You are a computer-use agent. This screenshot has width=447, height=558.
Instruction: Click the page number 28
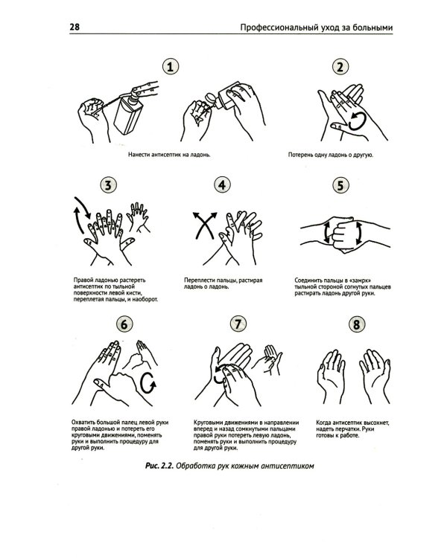click(x=74, y=27)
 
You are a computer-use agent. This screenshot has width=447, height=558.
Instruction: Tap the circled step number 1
click(x=171, y=66)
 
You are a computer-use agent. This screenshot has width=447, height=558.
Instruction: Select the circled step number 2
click(x=340, y=67)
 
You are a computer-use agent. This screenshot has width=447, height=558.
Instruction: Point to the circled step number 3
click(x=108, y=185)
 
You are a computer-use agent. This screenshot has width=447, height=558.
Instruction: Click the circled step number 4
click(x=222, y=185)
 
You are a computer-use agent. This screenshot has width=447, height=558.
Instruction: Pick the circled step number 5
click(x=340, y=185)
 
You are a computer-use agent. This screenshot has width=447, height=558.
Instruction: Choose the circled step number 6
click(x=124, y=324)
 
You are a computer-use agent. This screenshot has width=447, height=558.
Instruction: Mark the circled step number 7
click(x=238, y=324)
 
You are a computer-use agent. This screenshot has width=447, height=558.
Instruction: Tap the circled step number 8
click(x=356, y=324)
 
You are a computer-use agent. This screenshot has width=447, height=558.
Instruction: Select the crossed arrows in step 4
click(x=205, y=225)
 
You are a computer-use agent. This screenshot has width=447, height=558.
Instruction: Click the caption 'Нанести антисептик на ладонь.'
click(x=169, y=155)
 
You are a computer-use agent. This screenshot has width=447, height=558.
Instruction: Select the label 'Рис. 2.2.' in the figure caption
click(x=159, y=466)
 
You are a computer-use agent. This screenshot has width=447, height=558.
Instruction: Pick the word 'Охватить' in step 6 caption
click(x=83, y=423)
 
